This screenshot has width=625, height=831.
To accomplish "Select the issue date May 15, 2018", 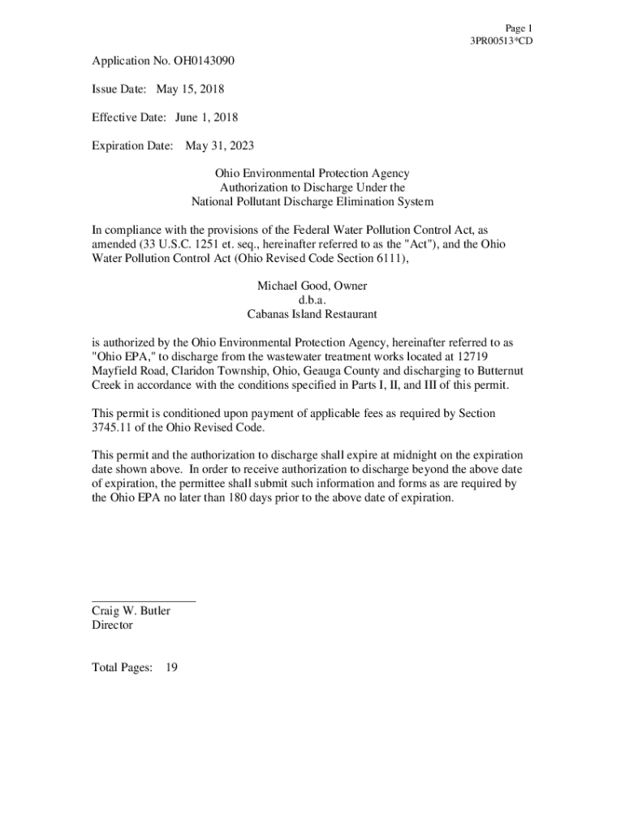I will coord(190,89).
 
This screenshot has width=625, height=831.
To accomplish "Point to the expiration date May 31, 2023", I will coord(219,146).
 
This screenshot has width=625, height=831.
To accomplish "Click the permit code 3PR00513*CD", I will coord(502,41).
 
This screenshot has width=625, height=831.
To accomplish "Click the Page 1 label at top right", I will coord(519,28).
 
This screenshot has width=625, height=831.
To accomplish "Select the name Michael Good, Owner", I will coord(312,286).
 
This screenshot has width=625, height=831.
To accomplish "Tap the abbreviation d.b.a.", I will coord(312,300).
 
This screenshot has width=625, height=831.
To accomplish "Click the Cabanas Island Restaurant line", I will coord(312,314).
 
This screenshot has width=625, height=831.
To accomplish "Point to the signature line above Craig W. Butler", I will coord(144,601).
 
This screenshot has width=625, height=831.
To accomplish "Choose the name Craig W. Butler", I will coord(131,611).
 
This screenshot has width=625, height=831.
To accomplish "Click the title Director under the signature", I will coord(112,626).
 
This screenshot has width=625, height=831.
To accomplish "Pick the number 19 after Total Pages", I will coord(171,668).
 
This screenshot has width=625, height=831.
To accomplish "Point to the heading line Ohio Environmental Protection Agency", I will coord(312,174).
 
